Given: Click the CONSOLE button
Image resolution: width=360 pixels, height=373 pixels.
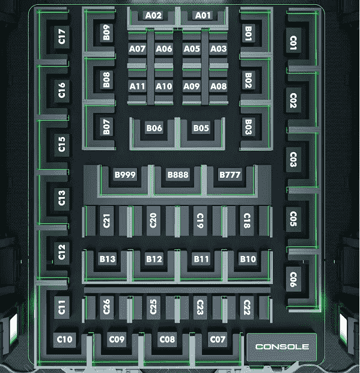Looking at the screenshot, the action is click(282, 347).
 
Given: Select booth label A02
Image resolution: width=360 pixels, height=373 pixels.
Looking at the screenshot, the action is click(153, 16).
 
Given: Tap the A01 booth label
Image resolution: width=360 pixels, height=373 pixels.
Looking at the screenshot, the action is click(203, 16).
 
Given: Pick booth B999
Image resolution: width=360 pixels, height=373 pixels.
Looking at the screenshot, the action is click(125, 175).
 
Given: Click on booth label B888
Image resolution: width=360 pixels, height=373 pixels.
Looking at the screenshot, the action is click(178, 175).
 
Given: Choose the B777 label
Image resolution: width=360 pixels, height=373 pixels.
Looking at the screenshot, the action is click(230, 175).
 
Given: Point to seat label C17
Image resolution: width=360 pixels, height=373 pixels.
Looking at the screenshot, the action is click(62, 37).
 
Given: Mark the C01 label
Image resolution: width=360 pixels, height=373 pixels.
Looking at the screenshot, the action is click(293, 43).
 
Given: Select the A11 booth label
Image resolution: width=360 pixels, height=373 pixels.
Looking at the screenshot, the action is click(138, 86).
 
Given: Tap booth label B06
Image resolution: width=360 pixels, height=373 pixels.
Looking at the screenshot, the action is click(154, 128).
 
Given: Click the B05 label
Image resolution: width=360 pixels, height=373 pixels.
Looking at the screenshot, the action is click(201, 128).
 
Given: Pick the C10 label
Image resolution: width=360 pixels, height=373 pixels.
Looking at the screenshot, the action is click(64, 339).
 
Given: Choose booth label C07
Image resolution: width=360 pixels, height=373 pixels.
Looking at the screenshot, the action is click(218, 339).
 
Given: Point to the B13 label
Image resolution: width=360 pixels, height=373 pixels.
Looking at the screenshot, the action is click(108, 259).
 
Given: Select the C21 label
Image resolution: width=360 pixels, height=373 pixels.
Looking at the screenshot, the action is click(106, 221).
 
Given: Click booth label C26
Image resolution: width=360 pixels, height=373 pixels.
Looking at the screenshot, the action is click(106, 307).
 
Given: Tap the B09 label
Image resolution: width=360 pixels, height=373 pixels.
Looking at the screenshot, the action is click(106, 32).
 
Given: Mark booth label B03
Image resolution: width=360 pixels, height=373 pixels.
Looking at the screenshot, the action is click(248, 127).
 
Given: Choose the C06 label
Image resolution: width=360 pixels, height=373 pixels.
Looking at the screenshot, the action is click(293, 279).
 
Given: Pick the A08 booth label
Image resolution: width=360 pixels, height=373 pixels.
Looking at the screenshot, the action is click(219, 86).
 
